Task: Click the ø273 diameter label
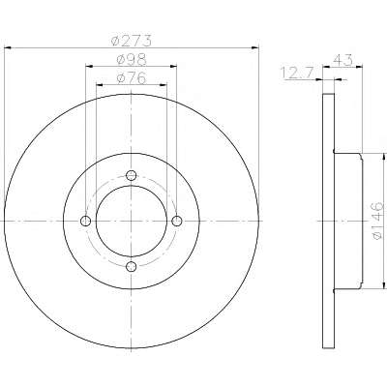point(131,41)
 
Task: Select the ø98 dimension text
point(132,59)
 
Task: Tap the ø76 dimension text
point(132,78)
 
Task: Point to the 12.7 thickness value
point(297,73)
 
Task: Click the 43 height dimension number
point(342,60)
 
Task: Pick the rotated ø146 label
point(376,221)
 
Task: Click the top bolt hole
point(131,175)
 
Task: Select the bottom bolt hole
point(132,267)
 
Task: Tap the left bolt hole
point(85,222)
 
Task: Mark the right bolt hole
point(177,222)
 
